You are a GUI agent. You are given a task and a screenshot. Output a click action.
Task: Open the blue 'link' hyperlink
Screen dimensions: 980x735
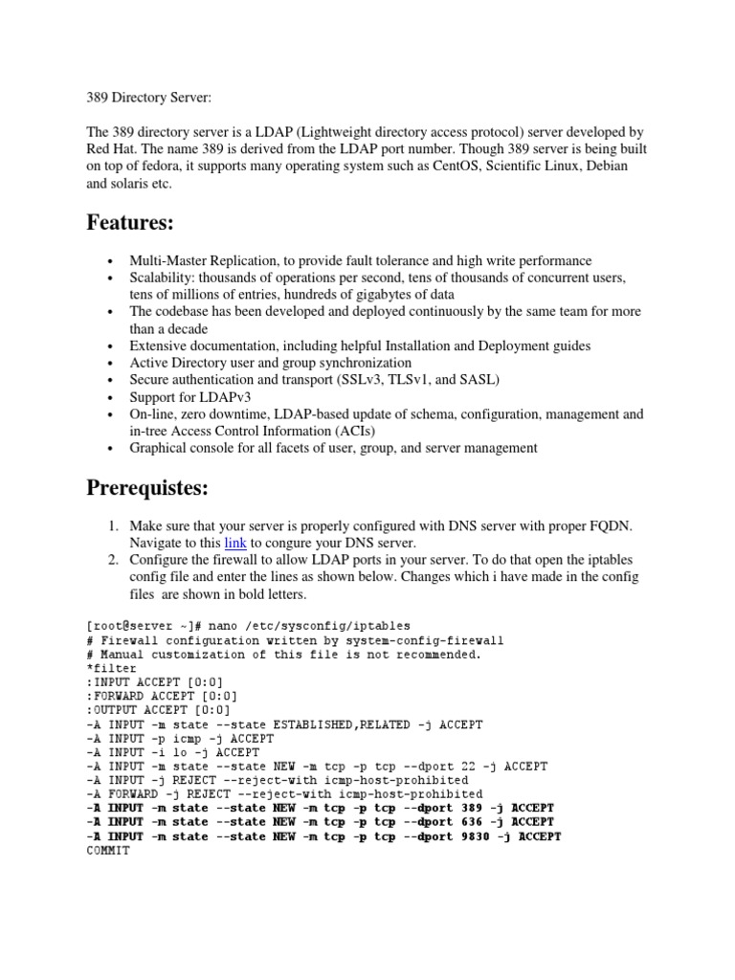[235, 543]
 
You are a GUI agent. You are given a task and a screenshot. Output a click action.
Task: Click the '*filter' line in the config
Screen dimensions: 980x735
[110, 667]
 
